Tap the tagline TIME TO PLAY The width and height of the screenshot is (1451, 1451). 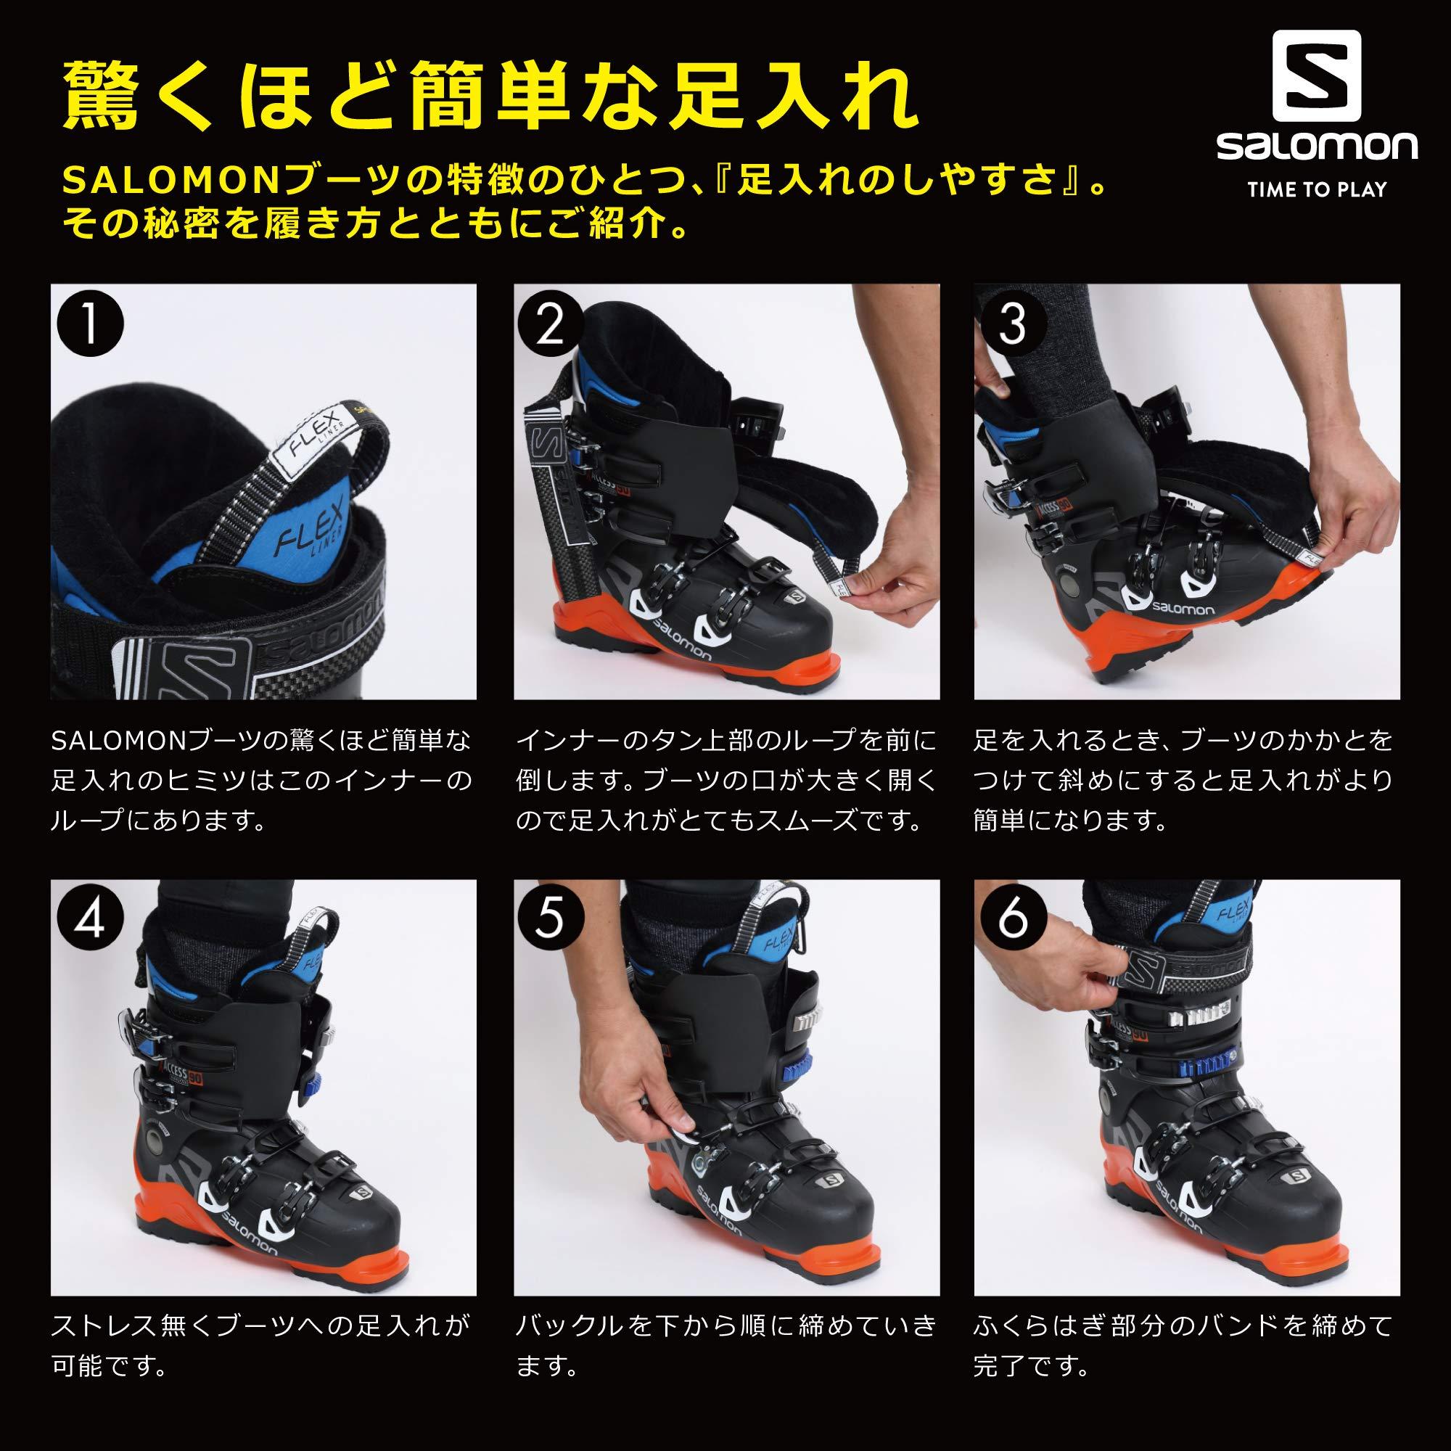1318,189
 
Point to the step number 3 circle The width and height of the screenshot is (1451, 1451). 1012,326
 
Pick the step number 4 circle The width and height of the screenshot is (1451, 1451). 90,922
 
